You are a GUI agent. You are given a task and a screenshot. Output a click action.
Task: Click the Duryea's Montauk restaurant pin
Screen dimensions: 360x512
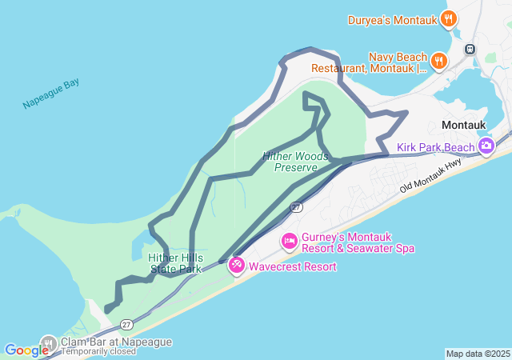(x=449, y=18)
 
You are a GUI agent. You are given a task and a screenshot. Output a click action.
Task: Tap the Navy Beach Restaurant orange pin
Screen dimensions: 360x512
(x=438, y=60)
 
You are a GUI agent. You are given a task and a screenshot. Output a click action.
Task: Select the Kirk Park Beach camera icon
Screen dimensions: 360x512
(x=486, y=146)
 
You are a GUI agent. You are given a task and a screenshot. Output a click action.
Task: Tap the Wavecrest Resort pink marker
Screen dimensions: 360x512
(x=237, y=265)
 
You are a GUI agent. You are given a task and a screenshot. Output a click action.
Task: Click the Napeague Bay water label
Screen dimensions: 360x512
(x=51, y=94)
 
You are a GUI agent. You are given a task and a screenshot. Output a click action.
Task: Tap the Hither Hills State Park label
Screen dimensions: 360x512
(x=175, y=263)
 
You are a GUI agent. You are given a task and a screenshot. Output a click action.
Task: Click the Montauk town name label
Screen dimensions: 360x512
(x=465, y=126)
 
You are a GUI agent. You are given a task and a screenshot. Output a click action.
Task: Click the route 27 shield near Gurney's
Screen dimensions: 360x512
(x=296, y=207)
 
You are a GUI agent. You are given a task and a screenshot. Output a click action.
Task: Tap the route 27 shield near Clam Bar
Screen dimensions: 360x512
(x=126, y=324)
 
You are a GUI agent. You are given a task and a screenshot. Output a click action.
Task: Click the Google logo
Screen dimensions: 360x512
(x=26, y=350)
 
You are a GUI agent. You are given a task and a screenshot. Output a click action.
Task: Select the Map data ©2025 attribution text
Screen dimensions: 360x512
(x=478, y=354)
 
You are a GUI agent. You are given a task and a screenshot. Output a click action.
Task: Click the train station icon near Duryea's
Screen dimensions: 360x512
(x=470, y=48)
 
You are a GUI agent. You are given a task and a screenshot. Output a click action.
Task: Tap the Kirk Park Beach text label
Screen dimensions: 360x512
(x=436, y=147)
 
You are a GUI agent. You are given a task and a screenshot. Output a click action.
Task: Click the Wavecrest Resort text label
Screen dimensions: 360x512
(x=293, y=266)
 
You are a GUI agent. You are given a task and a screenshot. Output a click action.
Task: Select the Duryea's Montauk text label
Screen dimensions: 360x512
(x=392, y=20)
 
